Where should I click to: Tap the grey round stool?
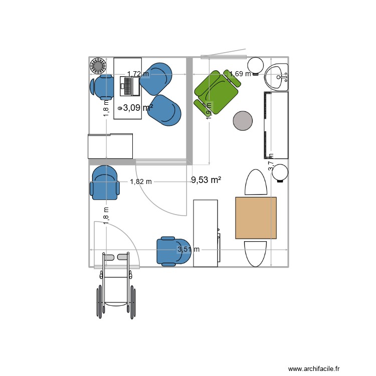243,121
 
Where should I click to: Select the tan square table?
256,218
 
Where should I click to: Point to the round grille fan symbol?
98,65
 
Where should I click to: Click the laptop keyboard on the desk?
130,86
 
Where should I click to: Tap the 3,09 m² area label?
138,107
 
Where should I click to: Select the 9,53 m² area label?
206,179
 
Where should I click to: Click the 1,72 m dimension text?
138,74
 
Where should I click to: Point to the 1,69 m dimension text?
240,74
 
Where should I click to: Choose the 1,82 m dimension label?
141,182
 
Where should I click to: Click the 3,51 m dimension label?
189,249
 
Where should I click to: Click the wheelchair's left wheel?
99,301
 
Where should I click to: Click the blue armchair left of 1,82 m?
105,182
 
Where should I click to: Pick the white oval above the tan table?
257,182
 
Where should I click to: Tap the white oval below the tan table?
256,253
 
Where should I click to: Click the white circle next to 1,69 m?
257,65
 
